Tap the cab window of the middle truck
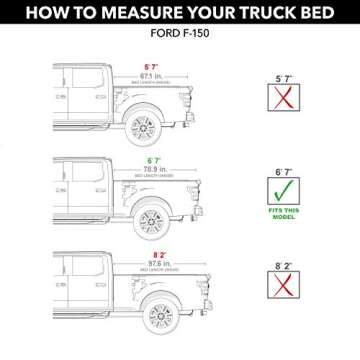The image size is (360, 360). pos(75,171)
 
